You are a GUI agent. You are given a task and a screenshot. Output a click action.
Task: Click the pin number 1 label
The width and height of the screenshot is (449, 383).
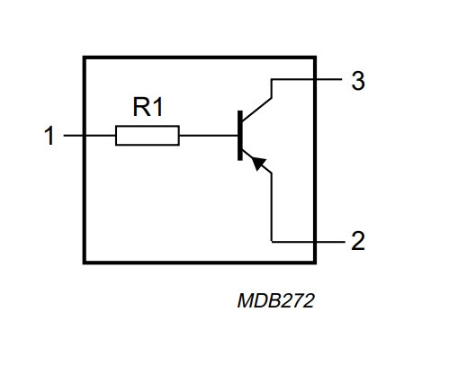(49, 136)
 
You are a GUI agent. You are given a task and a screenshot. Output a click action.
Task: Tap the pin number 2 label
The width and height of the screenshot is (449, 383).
(358, 241)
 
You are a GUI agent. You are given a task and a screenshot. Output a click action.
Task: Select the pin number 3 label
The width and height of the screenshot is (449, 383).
(358, 81)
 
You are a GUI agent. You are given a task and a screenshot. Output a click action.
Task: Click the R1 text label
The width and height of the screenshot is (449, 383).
(148, 107)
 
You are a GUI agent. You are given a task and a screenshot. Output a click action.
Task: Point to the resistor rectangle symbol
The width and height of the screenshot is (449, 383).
(148, 136)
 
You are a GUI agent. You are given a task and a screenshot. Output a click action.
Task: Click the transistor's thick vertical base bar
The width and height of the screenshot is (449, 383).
(240, 136)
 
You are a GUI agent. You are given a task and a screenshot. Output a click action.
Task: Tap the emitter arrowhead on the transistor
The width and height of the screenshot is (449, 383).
(258, 164)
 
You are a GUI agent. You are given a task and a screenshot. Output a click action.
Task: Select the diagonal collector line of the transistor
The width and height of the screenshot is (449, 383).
(257, 109)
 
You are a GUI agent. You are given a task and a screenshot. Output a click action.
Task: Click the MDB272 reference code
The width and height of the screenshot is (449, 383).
(275, 300)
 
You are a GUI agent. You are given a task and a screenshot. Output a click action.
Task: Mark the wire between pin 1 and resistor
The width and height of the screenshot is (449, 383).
(90, 136)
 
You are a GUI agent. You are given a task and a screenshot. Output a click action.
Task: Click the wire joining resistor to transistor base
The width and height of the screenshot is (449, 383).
(209, 136)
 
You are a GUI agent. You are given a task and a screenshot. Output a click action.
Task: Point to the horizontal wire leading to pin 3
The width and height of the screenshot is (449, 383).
(306, 79)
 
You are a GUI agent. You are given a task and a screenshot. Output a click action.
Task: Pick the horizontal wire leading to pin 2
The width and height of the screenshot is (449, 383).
(309, 241)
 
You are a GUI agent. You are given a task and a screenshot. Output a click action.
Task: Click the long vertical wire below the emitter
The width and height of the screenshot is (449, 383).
(272, 207)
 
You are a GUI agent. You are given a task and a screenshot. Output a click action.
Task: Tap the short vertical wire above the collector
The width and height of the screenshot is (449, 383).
(272, 88)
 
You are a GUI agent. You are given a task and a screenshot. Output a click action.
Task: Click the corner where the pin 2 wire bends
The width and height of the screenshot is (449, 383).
(272, 241)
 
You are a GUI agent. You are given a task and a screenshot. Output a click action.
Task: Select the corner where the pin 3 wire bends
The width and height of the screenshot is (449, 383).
(272, 79)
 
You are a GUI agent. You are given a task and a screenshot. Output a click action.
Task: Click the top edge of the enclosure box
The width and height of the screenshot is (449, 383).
(200, 58)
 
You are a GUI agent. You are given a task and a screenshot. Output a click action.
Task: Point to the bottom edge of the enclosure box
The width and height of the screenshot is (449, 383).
(200, 263)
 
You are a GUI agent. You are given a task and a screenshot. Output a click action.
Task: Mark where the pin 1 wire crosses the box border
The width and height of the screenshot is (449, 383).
(85, 136)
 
